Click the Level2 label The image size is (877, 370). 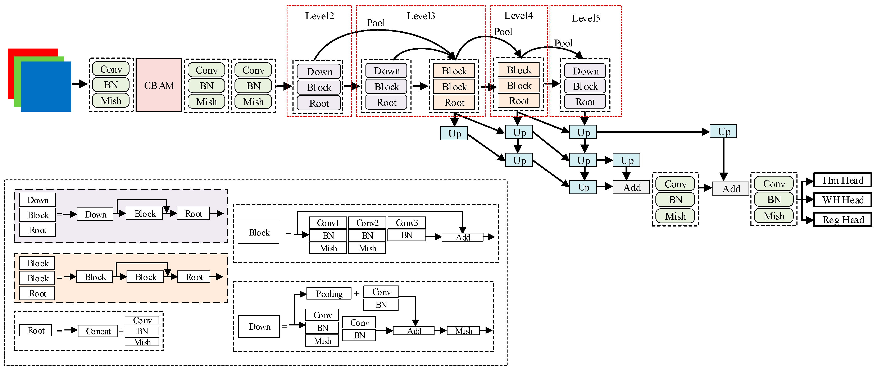[x=319, y=16]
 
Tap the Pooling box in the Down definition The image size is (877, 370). [x=329, y=294]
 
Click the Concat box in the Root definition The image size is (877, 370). [x=98, y=331]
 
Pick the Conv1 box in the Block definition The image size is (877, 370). [x=328, y=223]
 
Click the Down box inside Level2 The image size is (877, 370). [x=319, y=72]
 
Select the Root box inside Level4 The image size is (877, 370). [x=518, y=101]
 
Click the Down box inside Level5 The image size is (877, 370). [x=585, y=71]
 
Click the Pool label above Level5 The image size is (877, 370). [x=563, y=43]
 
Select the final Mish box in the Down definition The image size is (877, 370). [x=463, y=331]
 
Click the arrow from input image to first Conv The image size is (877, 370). [x=80, y=84]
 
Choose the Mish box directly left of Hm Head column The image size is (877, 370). [x=774, y=216]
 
